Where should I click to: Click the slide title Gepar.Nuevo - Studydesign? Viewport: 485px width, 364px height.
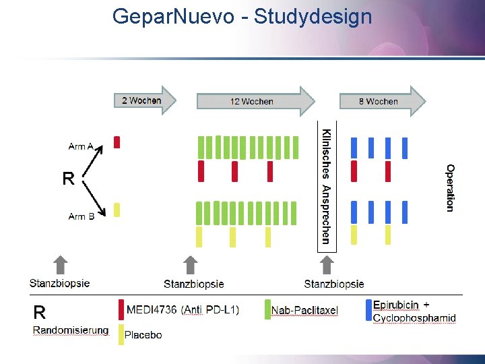pos(242,16)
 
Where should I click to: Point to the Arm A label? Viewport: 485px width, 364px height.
pos(81,146)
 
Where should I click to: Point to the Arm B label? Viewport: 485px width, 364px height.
pos(82,216)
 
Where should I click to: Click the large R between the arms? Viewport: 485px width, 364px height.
pos(68,179)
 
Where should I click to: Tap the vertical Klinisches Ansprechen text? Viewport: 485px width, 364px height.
pos(326,185)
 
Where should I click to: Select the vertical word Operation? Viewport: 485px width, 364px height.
pos(450,187)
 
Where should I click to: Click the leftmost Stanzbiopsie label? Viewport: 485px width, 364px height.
pos(59,283)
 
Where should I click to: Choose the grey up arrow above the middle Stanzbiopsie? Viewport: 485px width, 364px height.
pos(191,265)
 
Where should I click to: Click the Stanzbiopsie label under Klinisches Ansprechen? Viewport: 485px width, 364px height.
pos(334,284)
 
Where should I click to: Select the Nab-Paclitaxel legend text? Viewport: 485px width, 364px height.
pos(304,310)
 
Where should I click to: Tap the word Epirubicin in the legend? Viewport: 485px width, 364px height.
pos(397,305)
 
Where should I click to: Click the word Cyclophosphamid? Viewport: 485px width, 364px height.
pos(414,318)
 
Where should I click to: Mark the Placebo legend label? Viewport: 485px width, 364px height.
pos(143,334)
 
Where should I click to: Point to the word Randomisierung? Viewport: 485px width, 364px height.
pos(71,330)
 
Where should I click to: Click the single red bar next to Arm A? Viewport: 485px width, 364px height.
pos(117,142)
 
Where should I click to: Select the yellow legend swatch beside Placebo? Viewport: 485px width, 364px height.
pos(121,334)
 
